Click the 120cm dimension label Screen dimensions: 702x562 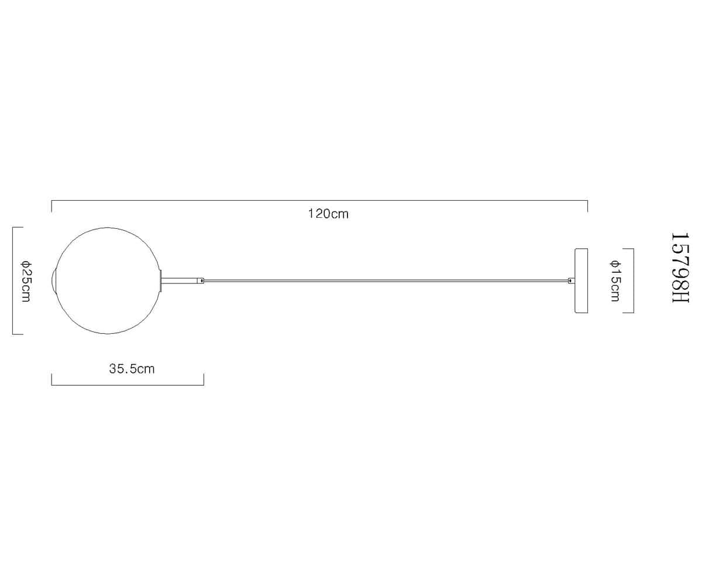(x=328, y=214)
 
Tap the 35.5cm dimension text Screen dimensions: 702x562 (x=132, y=369)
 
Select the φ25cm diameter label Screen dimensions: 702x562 (x=26, y=281)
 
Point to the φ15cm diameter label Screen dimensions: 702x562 (x=615, y=280)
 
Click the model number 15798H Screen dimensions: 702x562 (x=680, y=268)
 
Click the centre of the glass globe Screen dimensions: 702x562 (x=108, y=280)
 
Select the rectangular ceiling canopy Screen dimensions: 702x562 (x=581, y=280)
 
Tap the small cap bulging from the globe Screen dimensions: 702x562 (x=54, y=281)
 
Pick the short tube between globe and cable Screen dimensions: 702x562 (x=180, y=280)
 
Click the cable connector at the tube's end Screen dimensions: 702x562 (x=201, y=280)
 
